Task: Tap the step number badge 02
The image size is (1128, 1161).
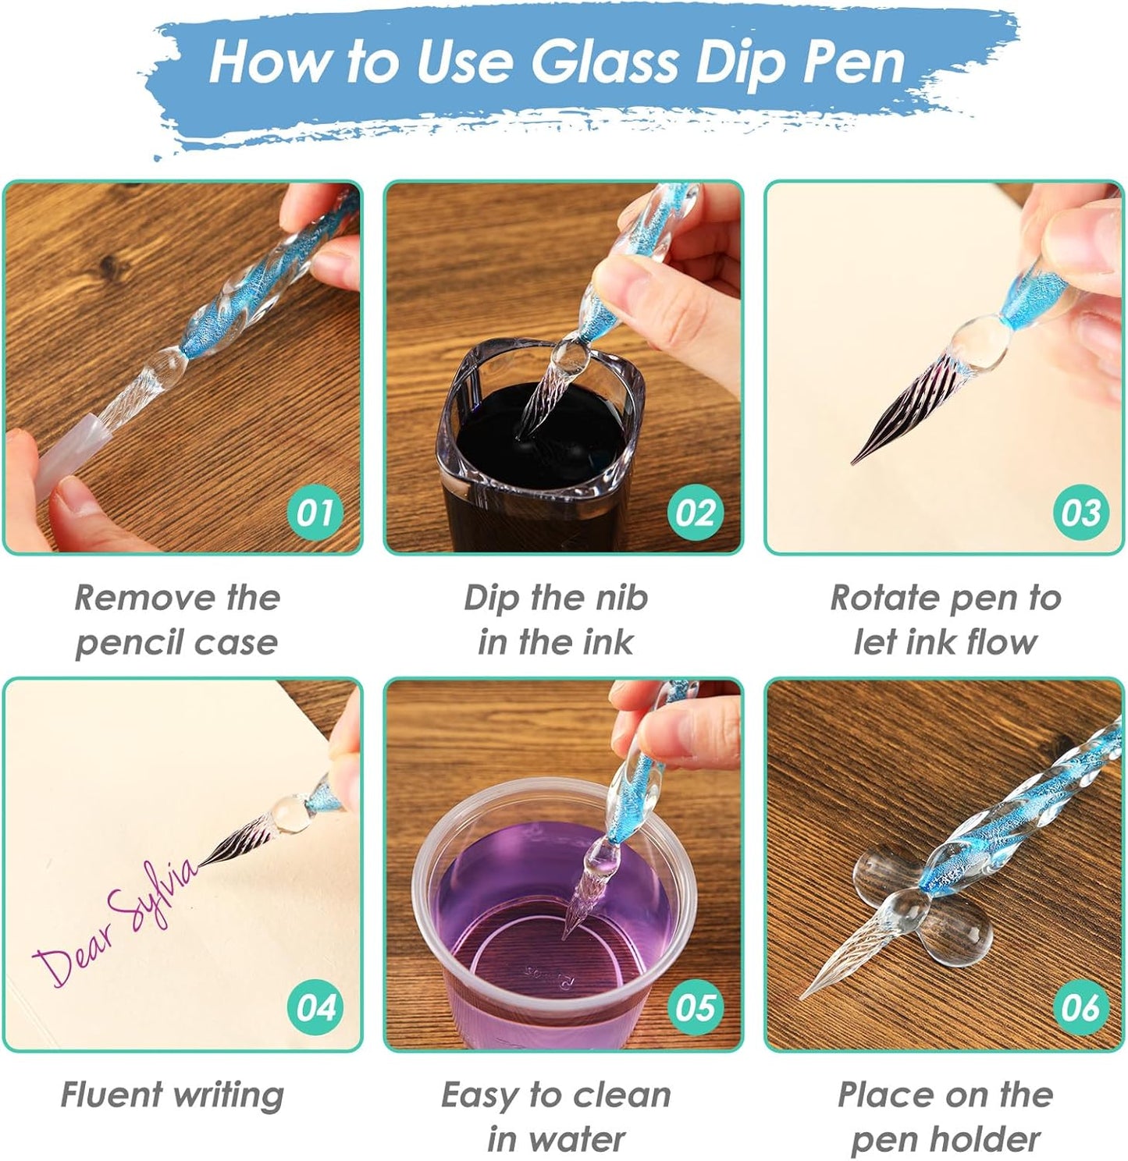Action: coord(696,513)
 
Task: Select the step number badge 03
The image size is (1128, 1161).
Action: coord(1080,513)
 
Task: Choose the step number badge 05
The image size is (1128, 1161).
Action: coord(696,1007)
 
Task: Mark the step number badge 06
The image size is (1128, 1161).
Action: coord(1080,1007)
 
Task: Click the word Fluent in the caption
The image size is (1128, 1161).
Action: coord(112,1094)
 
